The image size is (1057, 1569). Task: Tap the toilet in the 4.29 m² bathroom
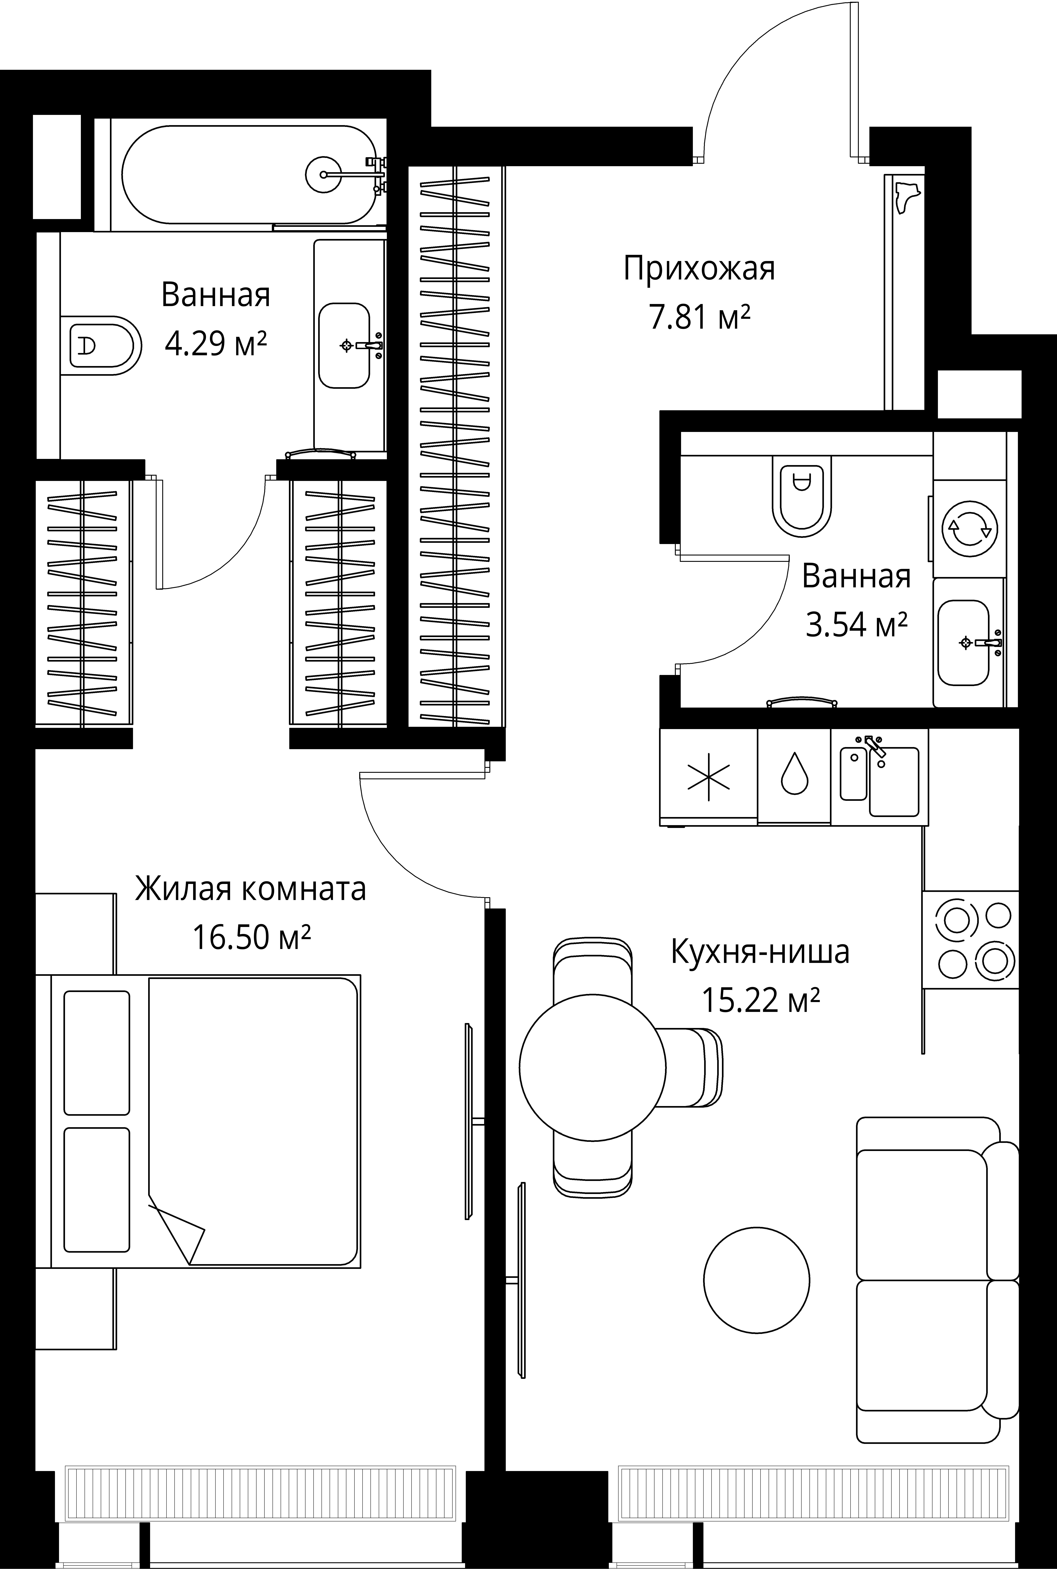click(101, 345)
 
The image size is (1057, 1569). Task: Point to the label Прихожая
click(699, 268)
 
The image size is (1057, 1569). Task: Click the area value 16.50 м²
click(251, 937)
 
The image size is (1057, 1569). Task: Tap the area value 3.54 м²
click(856, 625)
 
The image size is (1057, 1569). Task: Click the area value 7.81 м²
click(699, 317)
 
